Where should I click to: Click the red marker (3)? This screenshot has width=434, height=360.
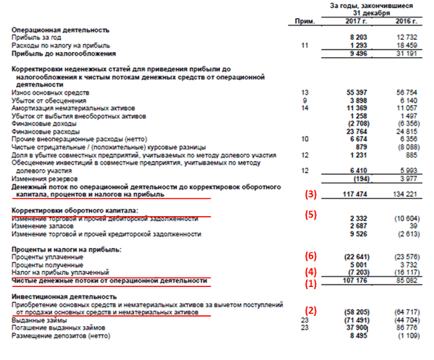click(x=311, y=194)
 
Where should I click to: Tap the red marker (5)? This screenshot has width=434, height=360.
click(x=311, y=214)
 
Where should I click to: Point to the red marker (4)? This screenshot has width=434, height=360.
click(x=311, y=271)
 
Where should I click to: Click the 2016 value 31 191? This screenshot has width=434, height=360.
click(x=411, y=53)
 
